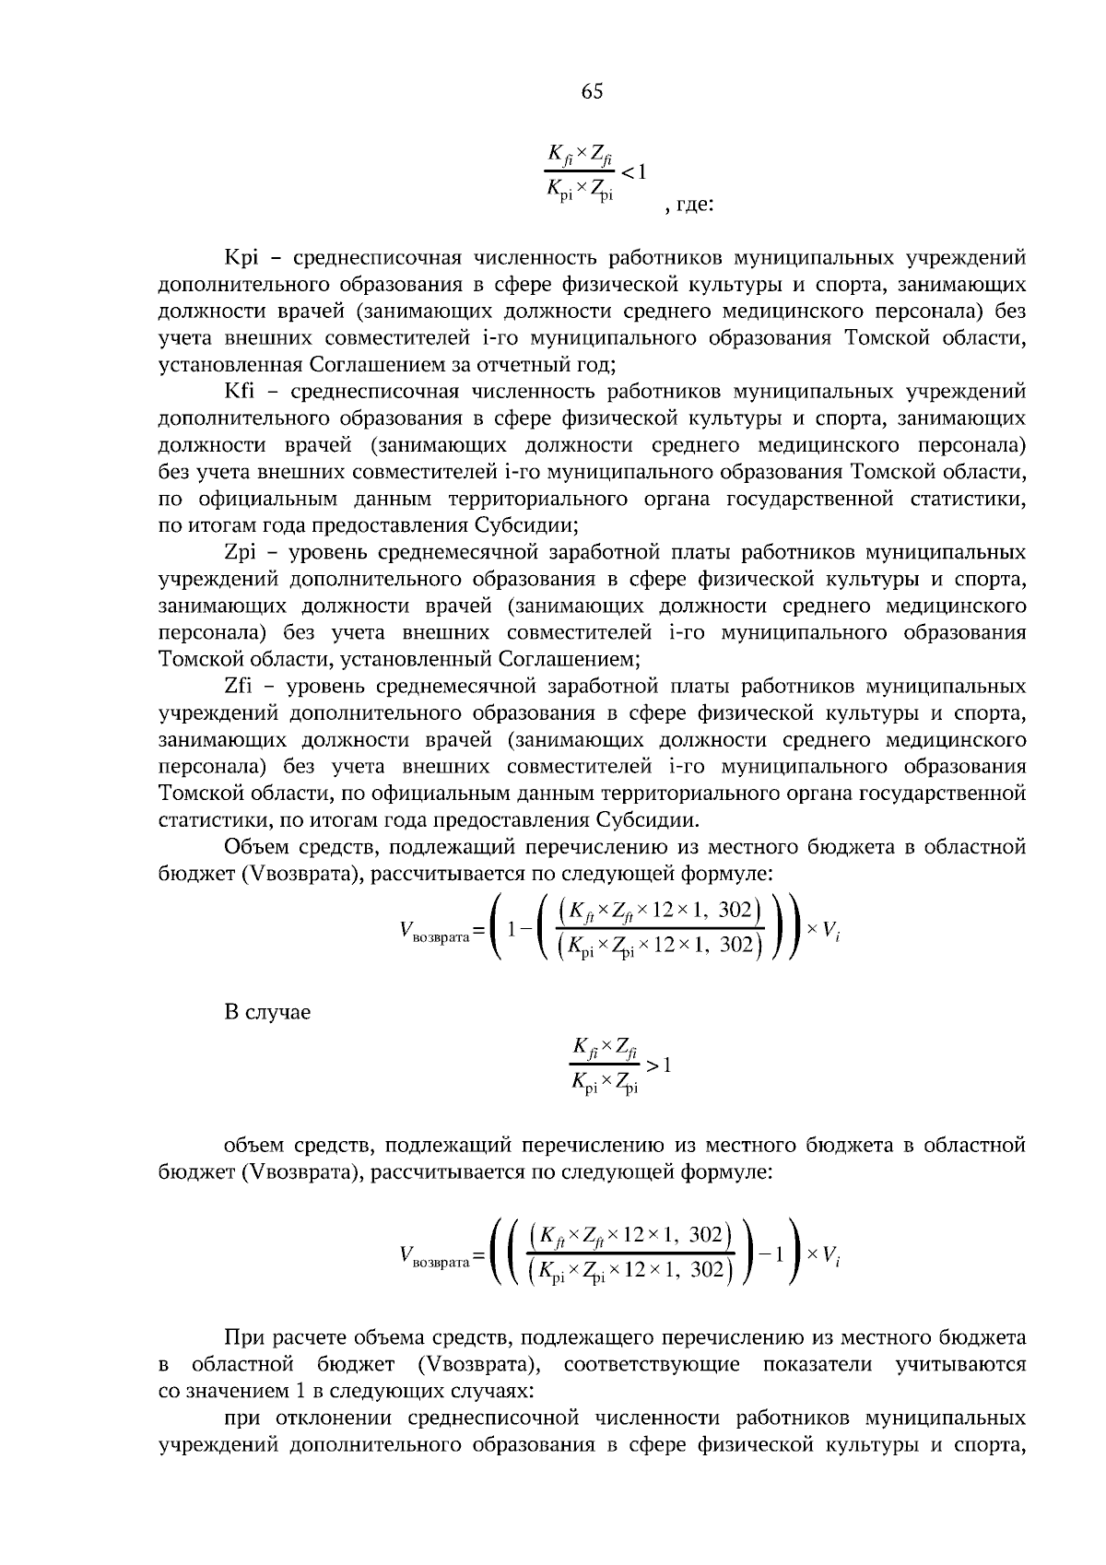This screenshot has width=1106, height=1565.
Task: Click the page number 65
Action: click(592, 91)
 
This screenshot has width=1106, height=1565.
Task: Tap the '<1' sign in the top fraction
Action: click(634, 171)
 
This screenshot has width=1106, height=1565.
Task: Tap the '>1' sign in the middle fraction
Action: click(658, 1065)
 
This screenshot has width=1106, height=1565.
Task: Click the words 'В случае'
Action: click(267, 1012)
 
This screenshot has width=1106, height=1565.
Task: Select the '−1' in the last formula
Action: click(771, 1254)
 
